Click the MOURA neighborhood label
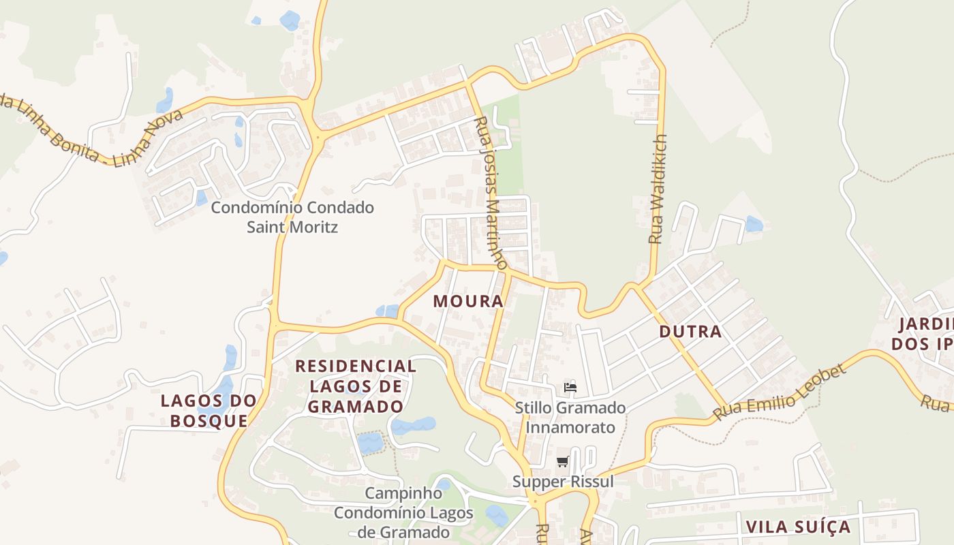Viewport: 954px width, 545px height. click(468, 300)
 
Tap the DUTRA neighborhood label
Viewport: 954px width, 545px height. click(690, 332)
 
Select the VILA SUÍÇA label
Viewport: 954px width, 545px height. click(798, 527)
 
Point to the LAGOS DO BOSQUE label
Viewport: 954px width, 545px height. click(209, 410)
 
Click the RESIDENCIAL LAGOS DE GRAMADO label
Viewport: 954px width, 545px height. click(356, 386)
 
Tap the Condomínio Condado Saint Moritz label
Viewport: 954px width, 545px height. click(292, 217)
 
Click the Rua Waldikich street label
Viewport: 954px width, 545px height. click(658, 189)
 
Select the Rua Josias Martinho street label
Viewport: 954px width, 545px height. click(491, 193)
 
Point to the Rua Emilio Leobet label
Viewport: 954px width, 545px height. click(780, 392)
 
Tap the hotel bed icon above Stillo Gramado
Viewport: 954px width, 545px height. click(570, 388)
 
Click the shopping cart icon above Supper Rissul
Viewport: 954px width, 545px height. click(562, 462)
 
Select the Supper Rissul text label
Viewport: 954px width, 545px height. click(563, 482)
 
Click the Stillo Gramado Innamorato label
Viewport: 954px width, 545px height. click(570, 418)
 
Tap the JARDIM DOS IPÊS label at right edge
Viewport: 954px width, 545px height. click(923, 333)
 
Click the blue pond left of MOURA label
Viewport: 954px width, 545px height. click(387, 311)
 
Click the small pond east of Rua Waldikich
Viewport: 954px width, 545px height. click(754, 223)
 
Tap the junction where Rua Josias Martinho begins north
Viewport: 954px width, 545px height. click(469, 83)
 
